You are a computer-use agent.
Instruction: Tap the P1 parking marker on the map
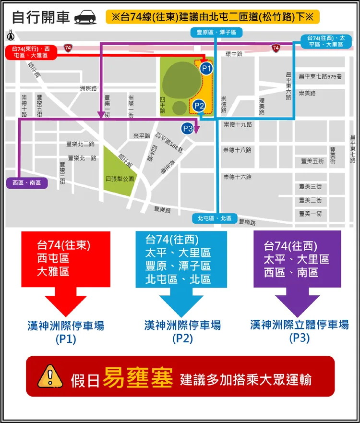[x=206, y=69]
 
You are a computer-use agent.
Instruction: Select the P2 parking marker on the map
[x=200, y=106]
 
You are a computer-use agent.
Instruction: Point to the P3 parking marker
[x=188, y=129]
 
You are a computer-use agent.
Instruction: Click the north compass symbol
[x=11, y=35]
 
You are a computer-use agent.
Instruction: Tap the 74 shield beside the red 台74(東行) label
[x=68, y=48]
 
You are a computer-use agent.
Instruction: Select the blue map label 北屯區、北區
[x=215, y=218]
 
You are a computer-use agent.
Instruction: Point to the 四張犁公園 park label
[x=120, y=179]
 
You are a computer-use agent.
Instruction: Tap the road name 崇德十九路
[x=238, y=124]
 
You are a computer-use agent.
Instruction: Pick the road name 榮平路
[x=142, y=136]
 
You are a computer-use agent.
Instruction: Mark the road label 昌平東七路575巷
[x=320, y=76]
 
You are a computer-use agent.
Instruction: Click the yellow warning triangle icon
[x=49, y=375]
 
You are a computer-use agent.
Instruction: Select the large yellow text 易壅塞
[x=139, y=378]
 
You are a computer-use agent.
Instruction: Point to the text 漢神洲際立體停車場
[x=299, y=325]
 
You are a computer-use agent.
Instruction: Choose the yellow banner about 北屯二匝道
[x=212, y=17]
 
